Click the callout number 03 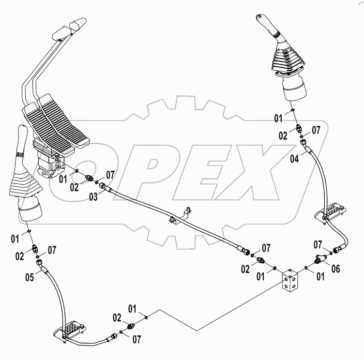pyautogui.click(x=92, y=196)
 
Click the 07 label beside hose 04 pyautogui.click(x=316, y=130)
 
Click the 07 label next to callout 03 pyautogui.click(x=110, y=175)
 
